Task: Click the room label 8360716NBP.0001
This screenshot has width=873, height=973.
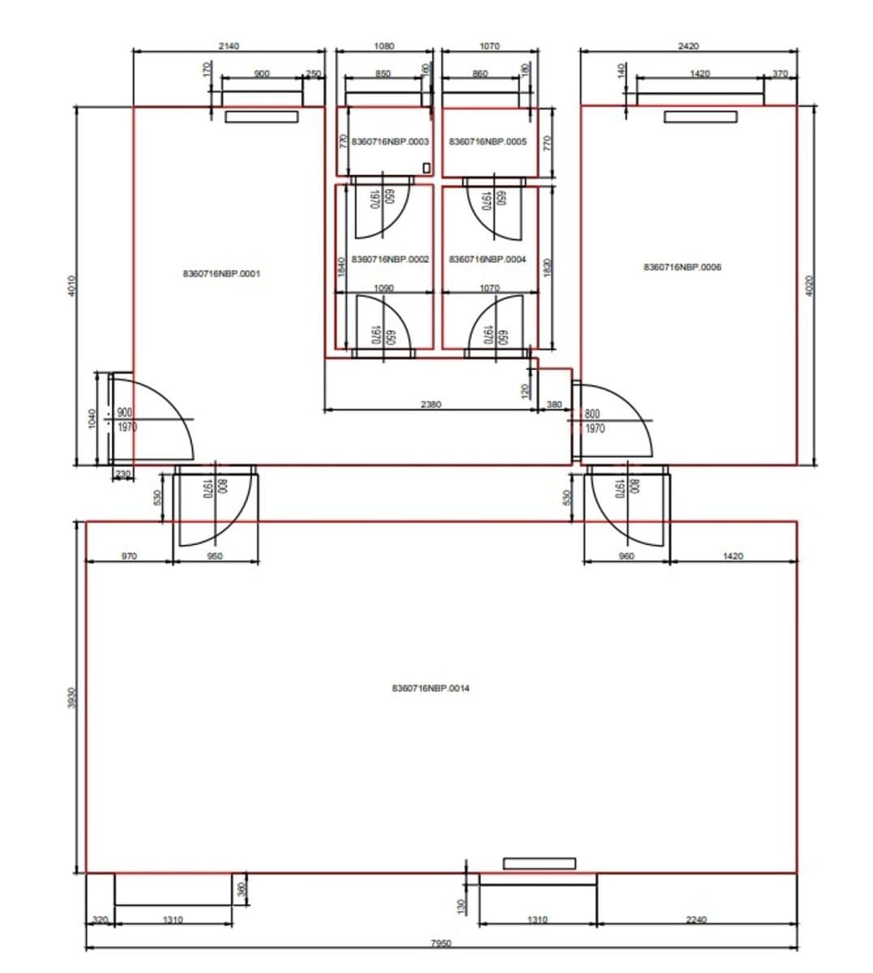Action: click(221, 274)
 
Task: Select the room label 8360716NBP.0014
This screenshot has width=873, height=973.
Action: click(430, 688)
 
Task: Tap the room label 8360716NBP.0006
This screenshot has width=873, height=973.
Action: click(683, 267)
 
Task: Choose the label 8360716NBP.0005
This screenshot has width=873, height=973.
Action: click(487, 142)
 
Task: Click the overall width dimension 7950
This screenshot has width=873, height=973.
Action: click(440, 943)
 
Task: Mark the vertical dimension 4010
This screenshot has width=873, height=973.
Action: click(71, 285)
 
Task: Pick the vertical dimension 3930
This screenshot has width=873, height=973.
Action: click(71, 697)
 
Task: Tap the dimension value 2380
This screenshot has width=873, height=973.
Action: click(431, 404)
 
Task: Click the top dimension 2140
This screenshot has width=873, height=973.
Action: click(229, 46)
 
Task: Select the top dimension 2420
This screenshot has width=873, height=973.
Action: click(688, 46)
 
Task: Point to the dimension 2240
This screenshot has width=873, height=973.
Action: click(695, 919)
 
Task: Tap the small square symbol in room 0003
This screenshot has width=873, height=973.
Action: click(427, 168)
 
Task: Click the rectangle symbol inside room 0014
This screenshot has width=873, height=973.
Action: click(539, 864)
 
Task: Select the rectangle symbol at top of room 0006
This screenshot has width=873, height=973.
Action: click(700, 117)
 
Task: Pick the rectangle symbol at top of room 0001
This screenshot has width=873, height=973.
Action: click(261, 117)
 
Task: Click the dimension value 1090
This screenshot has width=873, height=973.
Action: click(384, 288)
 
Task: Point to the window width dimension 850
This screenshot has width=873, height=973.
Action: click(383, 74)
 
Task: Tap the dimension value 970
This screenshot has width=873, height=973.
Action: click(129, 556)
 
